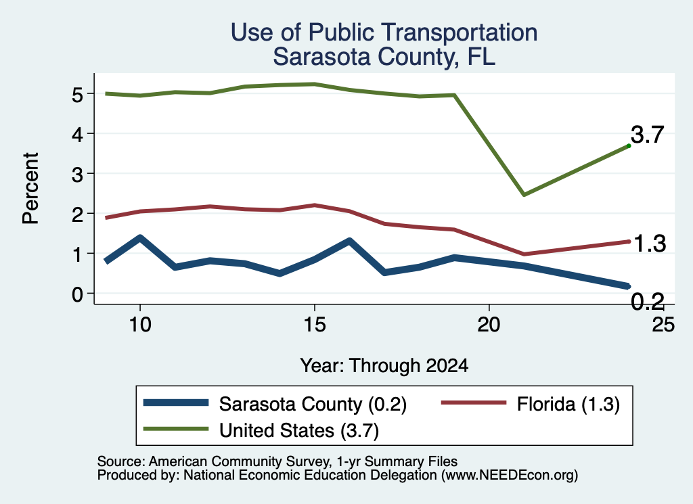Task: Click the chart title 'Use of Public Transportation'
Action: click(384, 32)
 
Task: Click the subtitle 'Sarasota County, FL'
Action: click(384, 57)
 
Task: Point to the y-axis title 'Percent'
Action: click(30, 189)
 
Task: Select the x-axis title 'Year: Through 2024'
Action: click(384, 366)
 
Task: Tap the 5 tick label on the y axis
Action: click(77, 95)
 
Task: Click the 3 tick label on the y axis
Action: click(77, 175)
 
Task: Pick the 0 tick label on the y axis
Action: click(77, 294)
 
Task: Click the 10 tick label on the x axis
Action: click(140, 325)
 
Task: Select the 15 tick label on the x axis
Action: click(315, 325)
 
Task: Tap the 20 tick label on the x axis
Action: click(489, 325)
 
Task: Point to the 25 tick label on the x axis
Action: click(663, 325)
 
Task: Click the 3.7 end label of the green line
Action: click(648, 134)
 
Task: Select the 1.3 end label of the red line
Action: click(650, 244)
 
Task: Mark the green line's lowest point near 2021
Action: click(524, 194)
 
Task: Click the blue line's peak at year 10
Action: click(140, 238)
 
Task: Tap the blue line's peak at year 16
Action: click(350, 242)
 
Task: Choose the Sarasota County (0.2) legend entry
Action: click(275, 404)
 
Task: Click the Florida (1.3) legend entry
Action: click(531, 404)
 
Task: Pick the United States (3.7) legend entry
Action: click(261, 430)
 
